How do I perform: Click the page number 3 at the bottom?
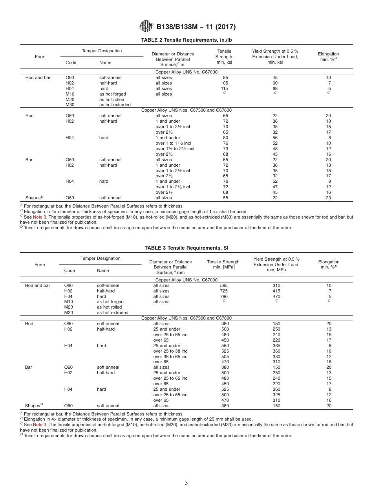point(186,483)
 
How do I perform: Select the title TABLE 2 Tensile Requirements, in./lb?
point(186,40)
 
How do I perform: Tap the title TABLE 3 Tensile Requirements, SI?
point(186,248)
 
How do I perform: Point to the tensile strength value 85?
point(225,77)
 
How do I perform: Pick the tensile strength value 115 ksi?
point(225,88)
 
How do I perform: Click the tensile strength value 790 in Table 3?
point(224,296)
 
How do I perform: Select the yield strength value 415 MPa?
point(276,291)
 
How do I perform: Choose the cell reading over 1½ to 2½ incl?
point(175,149)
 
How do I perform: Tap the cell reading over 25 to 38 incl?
point(171,351)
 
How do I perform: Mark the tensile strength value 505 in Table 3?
point(224,357)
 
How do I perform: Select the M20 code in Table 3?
point(69,307)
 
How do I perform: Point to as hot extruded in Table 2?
point(115,105)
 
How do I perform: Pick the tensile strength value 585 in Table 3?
point(224,285)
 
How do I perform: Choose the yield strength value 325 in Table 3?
point(276,395)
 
